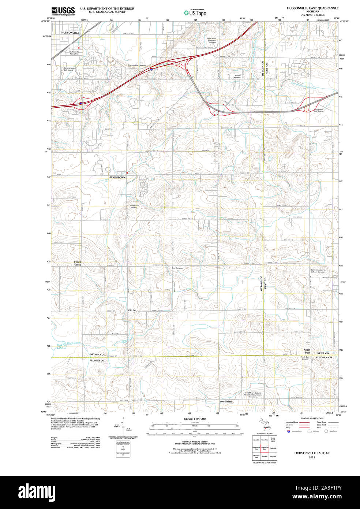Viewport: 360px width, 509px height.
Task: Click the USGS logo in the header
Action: (x=63, y=11)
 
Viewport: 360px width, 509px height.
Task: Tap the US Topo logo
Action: (x=195, y=13)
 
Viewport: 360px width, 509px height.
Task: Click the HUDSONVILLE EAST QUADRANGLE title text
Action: (x=312, y=8)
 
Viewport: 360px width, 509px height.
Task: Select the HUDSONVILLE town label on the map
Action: (x=70, y=33)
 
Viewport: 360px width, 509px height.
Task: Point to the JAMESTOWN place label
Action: (x=117, y=177)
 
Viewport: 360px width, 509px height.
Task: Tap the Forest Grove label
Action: (x=78, y=263)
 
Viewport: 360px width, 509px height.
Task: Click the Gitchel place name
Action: (x=132, y=310)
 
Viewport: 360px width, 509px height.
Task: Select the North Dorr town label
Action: (x=307, y=352)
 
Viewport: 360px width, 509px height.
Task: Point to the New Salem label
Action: (x=226, y=402)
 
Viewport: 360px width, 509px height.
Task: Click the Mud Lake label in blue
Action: (x=60, y=346)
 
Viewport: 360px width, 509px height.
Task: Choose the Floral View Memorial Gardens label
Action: (x=211, y=40)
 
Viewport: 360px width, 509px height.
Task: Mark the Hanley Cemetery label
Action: (x=237, y=77)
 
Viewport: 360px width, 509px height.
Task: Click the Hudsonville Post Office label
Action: (x=74, y=53)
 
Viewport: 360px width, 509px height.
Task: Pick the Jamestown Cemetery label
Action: (x=134, y=207)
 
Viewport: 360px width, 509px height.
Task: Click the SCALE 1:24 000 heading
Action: (x=195, y=419)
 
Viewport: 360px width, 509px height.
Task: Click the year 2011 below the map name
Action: (x=312, y=457)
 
